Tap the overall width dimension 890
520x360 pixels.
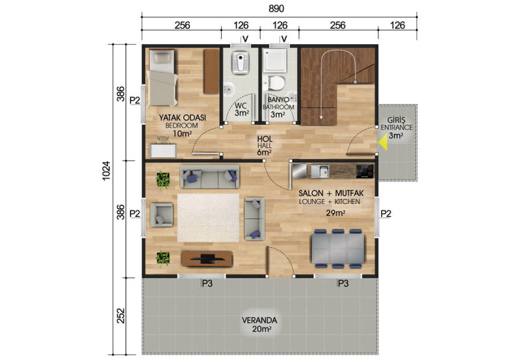pos(276,8)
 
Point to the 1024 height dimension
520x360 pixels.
pos(106,171)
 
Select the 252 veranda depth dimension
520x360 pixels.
pos(121,316)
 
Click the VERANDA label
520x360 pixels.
pos(259,320)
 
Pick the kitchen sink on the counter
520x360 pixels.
pos(320,171)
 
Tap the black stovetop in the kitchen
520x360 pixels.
pos(365,172)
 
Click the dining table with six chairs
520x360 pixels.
pos(337,249)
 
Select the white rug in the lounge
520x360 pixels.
pos(208,218)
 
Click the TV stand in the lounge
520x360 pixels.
pos(207,259)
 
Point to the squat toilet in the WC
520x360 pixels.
pos(240,62)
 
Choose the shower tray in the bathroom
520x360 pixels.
pos(275,60)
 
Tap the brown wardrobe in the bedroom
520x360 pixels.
pos(212,71)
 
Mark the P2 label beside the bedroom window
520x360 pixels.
pos(135,100)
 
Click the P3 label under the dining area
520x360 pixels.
pos(343,283)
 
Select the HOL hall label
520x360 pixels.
pos(265,139)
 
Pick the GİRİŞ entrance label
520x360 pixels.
pos(396,120)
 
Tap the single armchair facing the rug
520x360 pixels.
pos(161,215)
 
